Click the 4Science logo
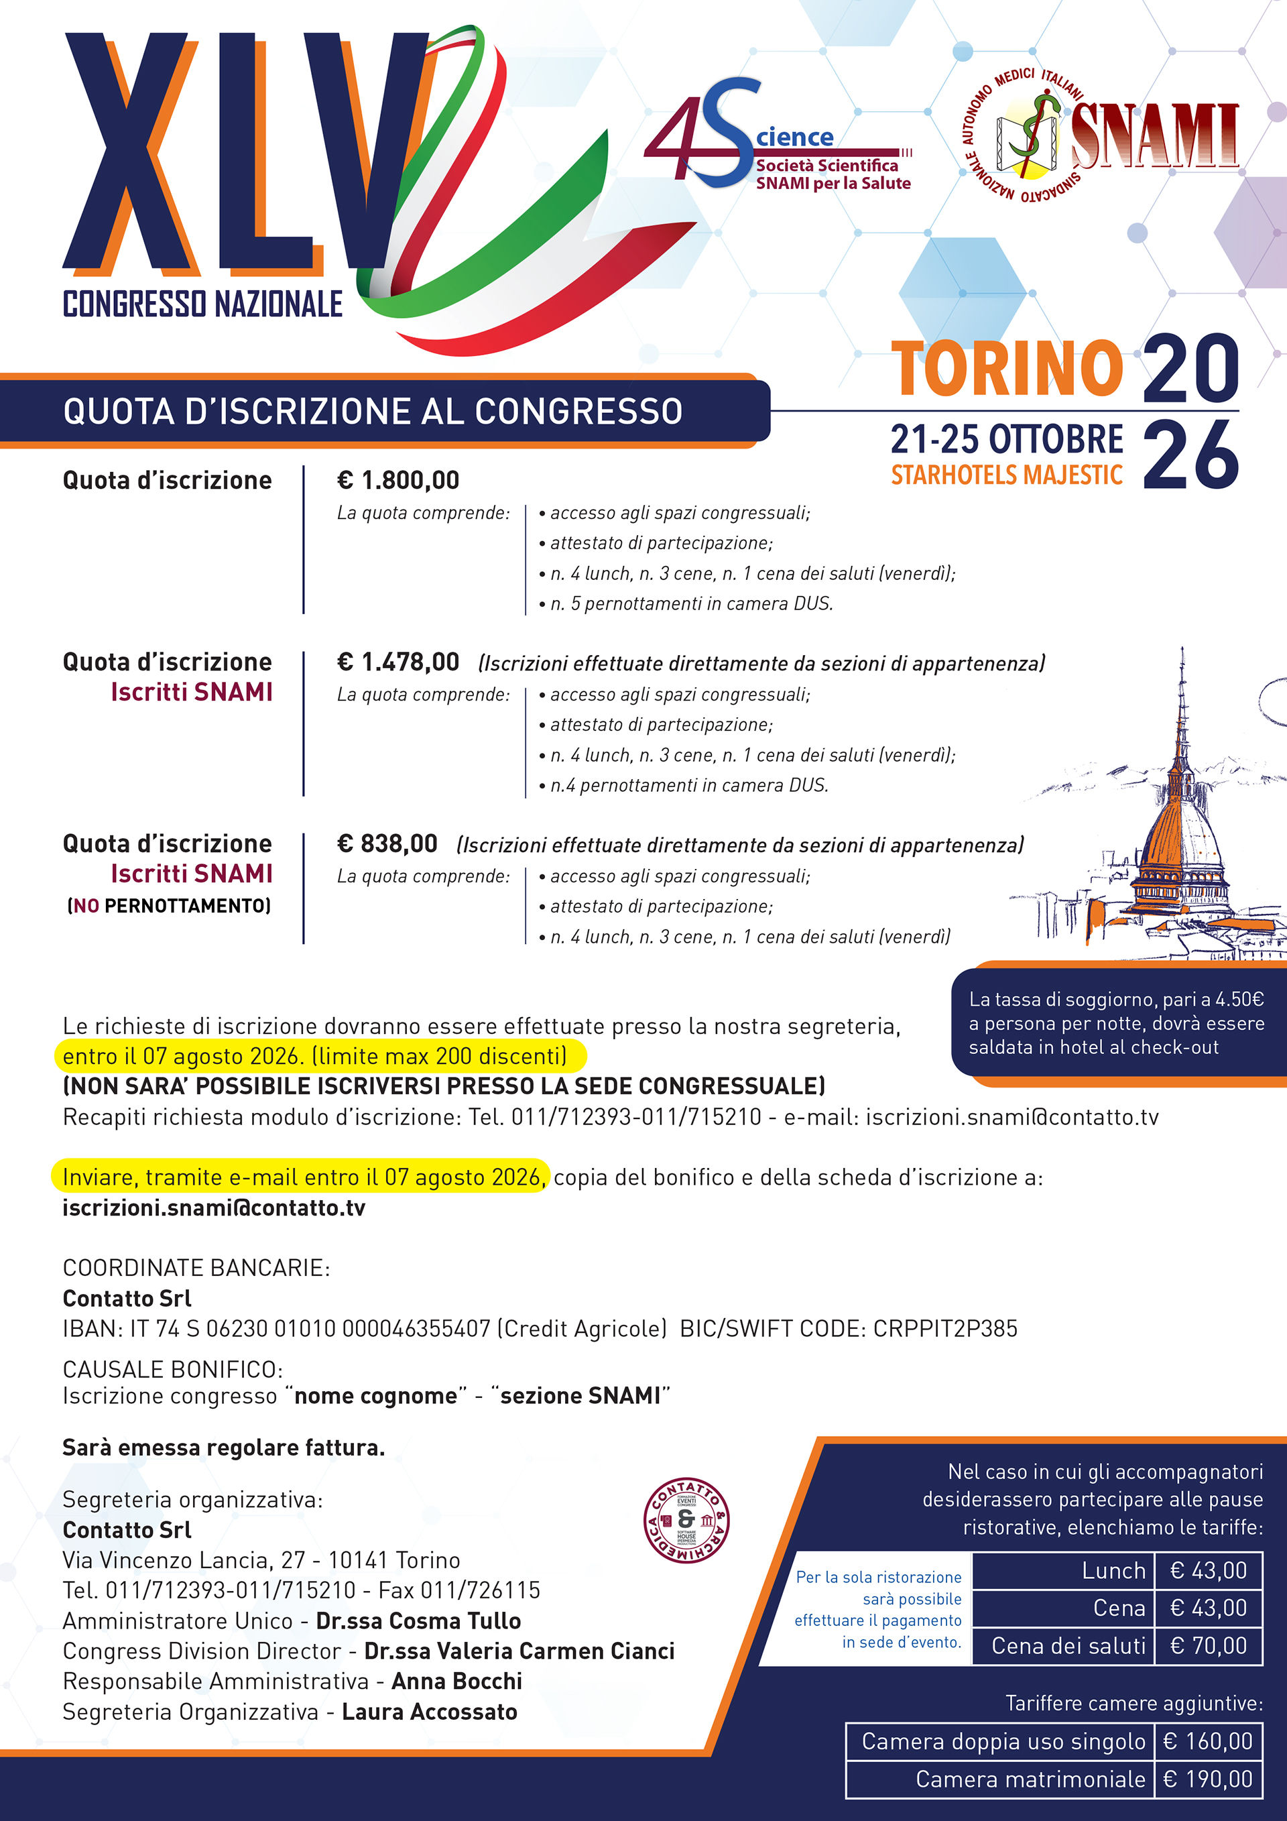(777, 139)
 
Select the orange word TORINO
(1007, 368)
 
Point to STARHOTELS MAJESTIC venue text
(1006, 475)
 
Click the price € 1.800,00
(398, 480)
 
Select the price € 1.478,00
(398, 662)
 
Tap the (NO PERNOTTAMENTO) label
(169, 906)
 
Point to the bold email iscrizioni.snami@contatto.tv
(214, 1208)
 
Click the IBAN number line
(365, 1328)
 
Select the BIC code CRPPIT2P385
(944, 1328)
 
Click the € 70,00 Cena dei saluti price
(1208, 1646)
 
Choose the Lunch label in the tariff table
(1113, 1570)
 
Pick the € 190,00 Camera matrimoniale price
(1208, 1779)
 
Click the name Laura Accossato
(429, 1712)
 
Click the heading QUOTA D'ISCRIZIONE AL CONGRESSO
(373, 411)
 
